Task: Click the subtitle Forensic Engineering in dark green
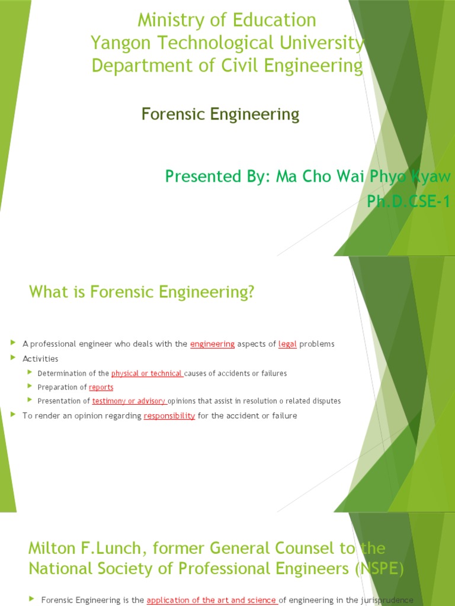tap(220, 114)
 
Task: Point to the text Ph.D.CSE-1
tap(408, 202)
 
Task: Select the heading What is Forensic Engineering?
tap(141, 292)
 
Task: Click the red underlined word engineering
tap(213, 344)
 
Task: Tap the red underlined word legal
tap(287, 344)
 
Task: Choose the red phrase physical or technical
tap(147, 373)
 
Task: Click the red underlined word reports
tap(101, 387)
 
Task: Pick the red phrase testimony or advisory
tap(129, 401)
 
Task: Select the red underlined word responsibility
tap(169, 416)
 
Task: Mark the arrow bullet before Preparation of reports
tap(30, 386)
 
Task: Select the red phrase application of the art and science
tap(212, 601)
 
